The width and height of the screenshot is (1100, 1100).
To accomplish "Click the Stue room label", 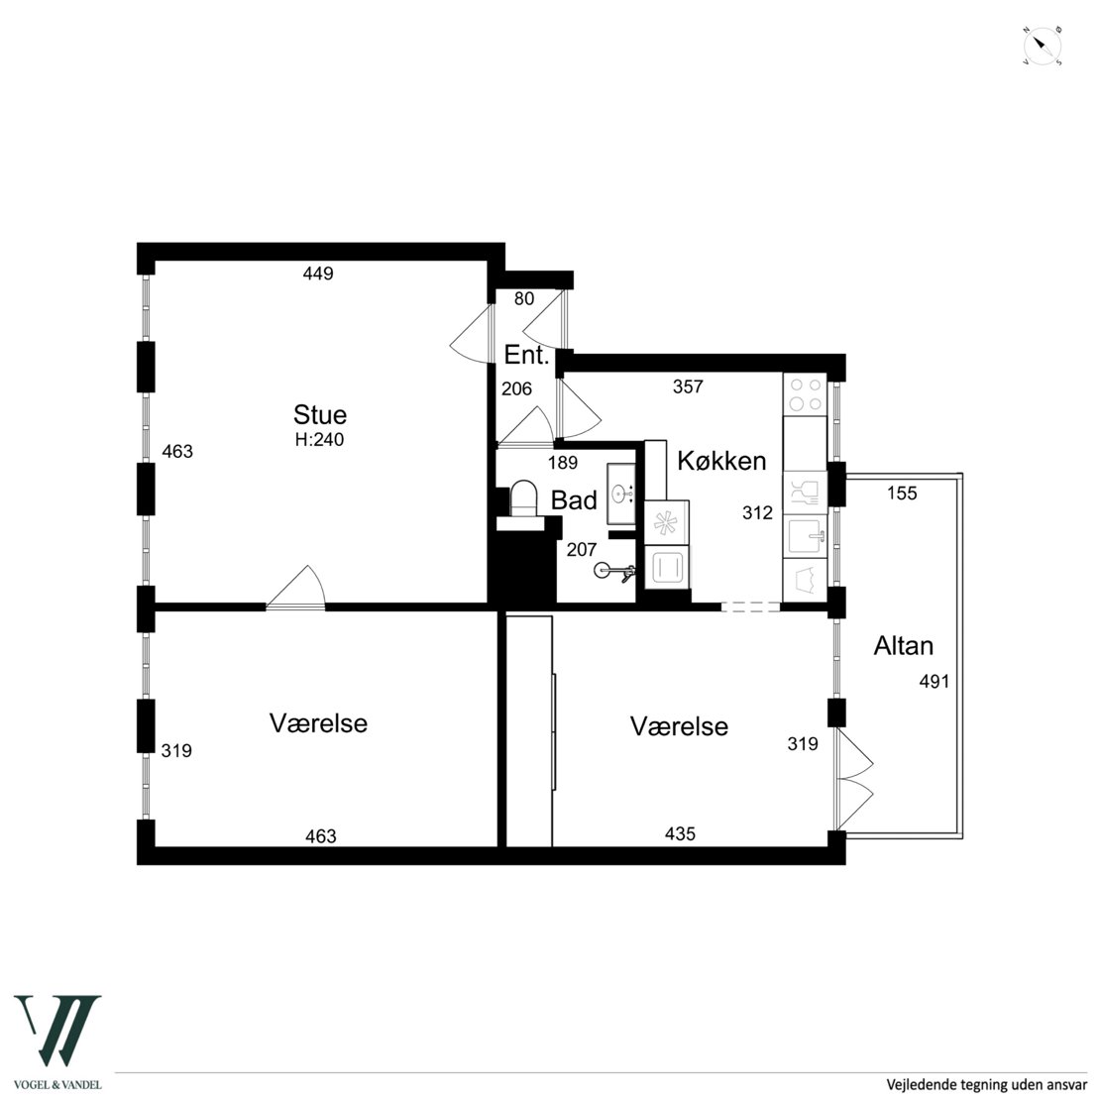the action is point(320,414).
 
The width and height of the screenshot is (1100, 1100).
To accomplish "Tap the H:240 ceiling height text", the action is point(320,440).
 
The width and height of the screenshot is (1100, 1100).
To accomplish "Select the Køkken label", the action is point(721,461).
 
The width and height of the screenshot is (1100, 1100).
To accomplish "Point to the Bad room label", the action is point(574,500).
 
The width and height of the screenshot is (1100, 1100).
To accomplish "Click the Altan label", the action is point(903,645).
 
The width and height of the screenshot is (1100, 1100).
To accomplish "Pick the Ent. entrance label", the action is point(526,355).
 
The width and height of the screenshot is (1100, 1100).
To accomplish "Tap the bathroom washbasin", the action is point(620,494).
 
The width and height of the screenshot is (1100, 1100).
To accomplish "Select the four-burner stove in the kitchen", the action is point(806,394).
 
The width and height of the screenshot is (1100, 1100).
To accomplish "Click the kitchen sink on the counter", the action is point(806,537).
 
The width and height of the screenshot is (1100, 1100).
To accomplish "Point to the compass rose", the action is point(1042,48).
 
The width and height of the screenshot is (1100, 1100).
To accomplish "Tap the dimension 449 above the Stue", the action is point(318,274).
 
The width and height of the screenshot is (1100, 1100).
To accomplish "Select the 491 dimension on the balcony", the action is point(934,681).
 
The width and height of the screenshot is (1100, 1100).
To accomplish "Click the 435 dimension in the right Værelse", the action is point(680,833).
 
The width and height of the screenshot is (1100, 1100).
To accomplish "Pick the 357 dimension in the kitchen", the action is point(688,386).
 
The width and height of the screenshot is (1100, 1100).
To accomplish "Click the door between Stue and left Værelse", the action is point(296,588).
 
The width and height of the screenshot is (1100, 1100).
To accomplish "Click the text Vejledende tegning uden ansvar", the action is point(986,1084).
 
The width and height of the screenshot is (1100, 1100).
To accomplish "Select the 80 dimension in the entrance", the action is point(524,299).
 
